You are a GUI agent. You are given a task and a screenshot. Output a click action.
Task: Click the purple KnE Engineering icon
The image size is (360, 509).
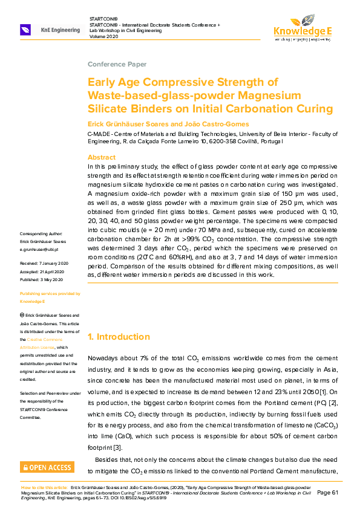click(25, 30)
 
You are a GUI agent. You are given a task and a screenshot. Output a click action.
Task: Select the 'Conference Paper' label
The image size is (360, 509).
click(117, 64)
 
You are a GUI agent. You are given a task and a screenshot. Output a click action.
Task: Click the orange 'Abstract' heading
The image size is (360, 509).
click(102, 157)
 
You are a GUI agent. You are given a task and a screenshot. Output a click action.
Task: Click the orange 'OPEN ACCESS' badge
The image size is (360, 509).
click(47, 467)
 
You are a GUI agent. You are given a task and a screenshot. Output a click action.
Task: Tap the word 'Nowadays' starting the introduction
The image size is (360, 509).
click(104, 358)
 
